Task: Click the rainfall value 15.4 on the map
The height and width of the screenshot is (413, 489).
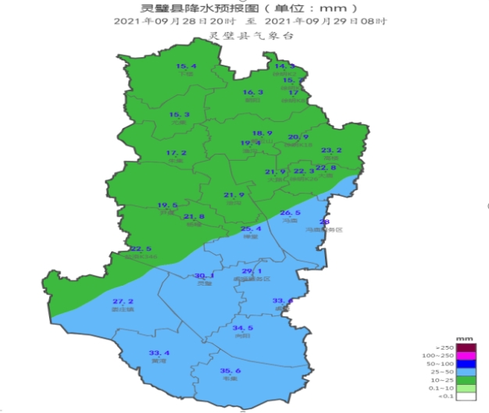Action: click(186, 66)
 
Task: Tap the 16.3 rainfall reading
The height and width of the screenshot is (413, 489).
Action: click(252, 92)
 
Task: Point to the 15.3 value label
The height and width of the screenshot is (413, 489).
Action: click(180, 115)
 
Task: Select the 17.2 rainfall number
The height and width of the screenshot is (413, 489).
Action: click(176, 152)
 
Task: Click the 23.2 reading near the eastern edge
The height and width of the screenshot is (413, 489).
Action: click(332, 150)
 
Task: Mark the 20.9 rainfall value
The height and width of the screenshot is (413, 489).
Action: click(298, 137)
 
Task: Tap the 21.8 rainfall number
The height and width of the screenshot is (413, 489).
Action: click(194, 216)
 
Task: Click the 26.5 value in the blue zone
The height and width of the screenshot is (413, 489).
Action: click(290, 213)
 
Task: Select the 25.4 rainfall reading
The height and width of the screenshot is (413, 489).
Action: click(250, 229)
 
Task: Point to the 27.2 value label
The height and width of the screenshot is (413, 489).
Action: click(123, 301)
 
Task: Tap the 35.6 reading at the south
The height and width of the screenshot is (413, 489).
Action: click(230, 370)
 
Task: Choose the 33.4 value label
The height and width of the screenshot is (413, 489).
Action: click(159, 353)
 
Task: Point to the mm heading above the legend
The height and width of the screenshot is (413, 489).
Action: click(466, 338)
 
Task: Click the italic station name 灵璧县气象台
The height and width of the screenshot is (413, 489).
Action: click(244, 35)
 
